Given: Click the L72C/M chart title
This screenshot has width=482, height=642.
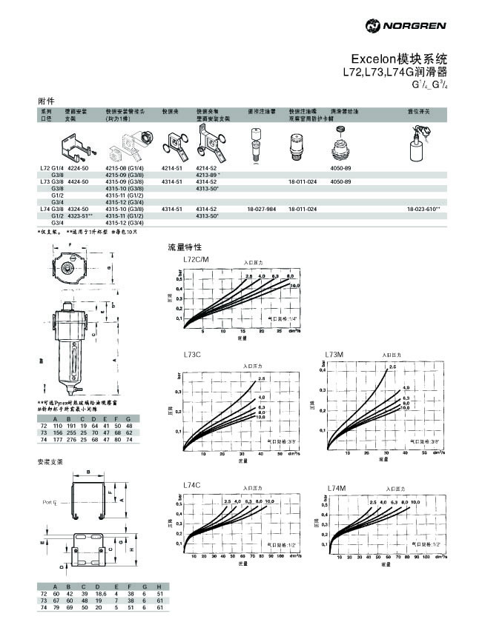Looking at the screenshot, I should point(196,260).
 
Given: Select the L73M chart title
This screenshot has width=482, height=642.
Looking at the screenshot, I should point(335,355).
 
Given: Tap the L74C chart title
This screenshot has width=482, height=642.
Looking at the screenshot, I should point(193,485).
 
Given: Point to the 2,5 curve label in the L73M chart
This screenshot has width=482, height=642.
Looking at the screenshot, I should point(392,367).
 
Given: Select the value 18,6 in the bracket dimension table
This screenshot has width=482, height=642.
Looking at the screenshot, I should point(101,594).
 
